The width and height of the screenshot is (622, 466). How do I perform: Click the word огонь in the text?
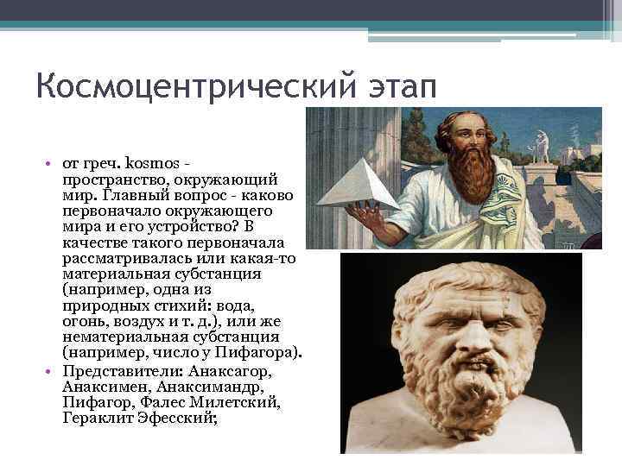pos(84,322)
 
